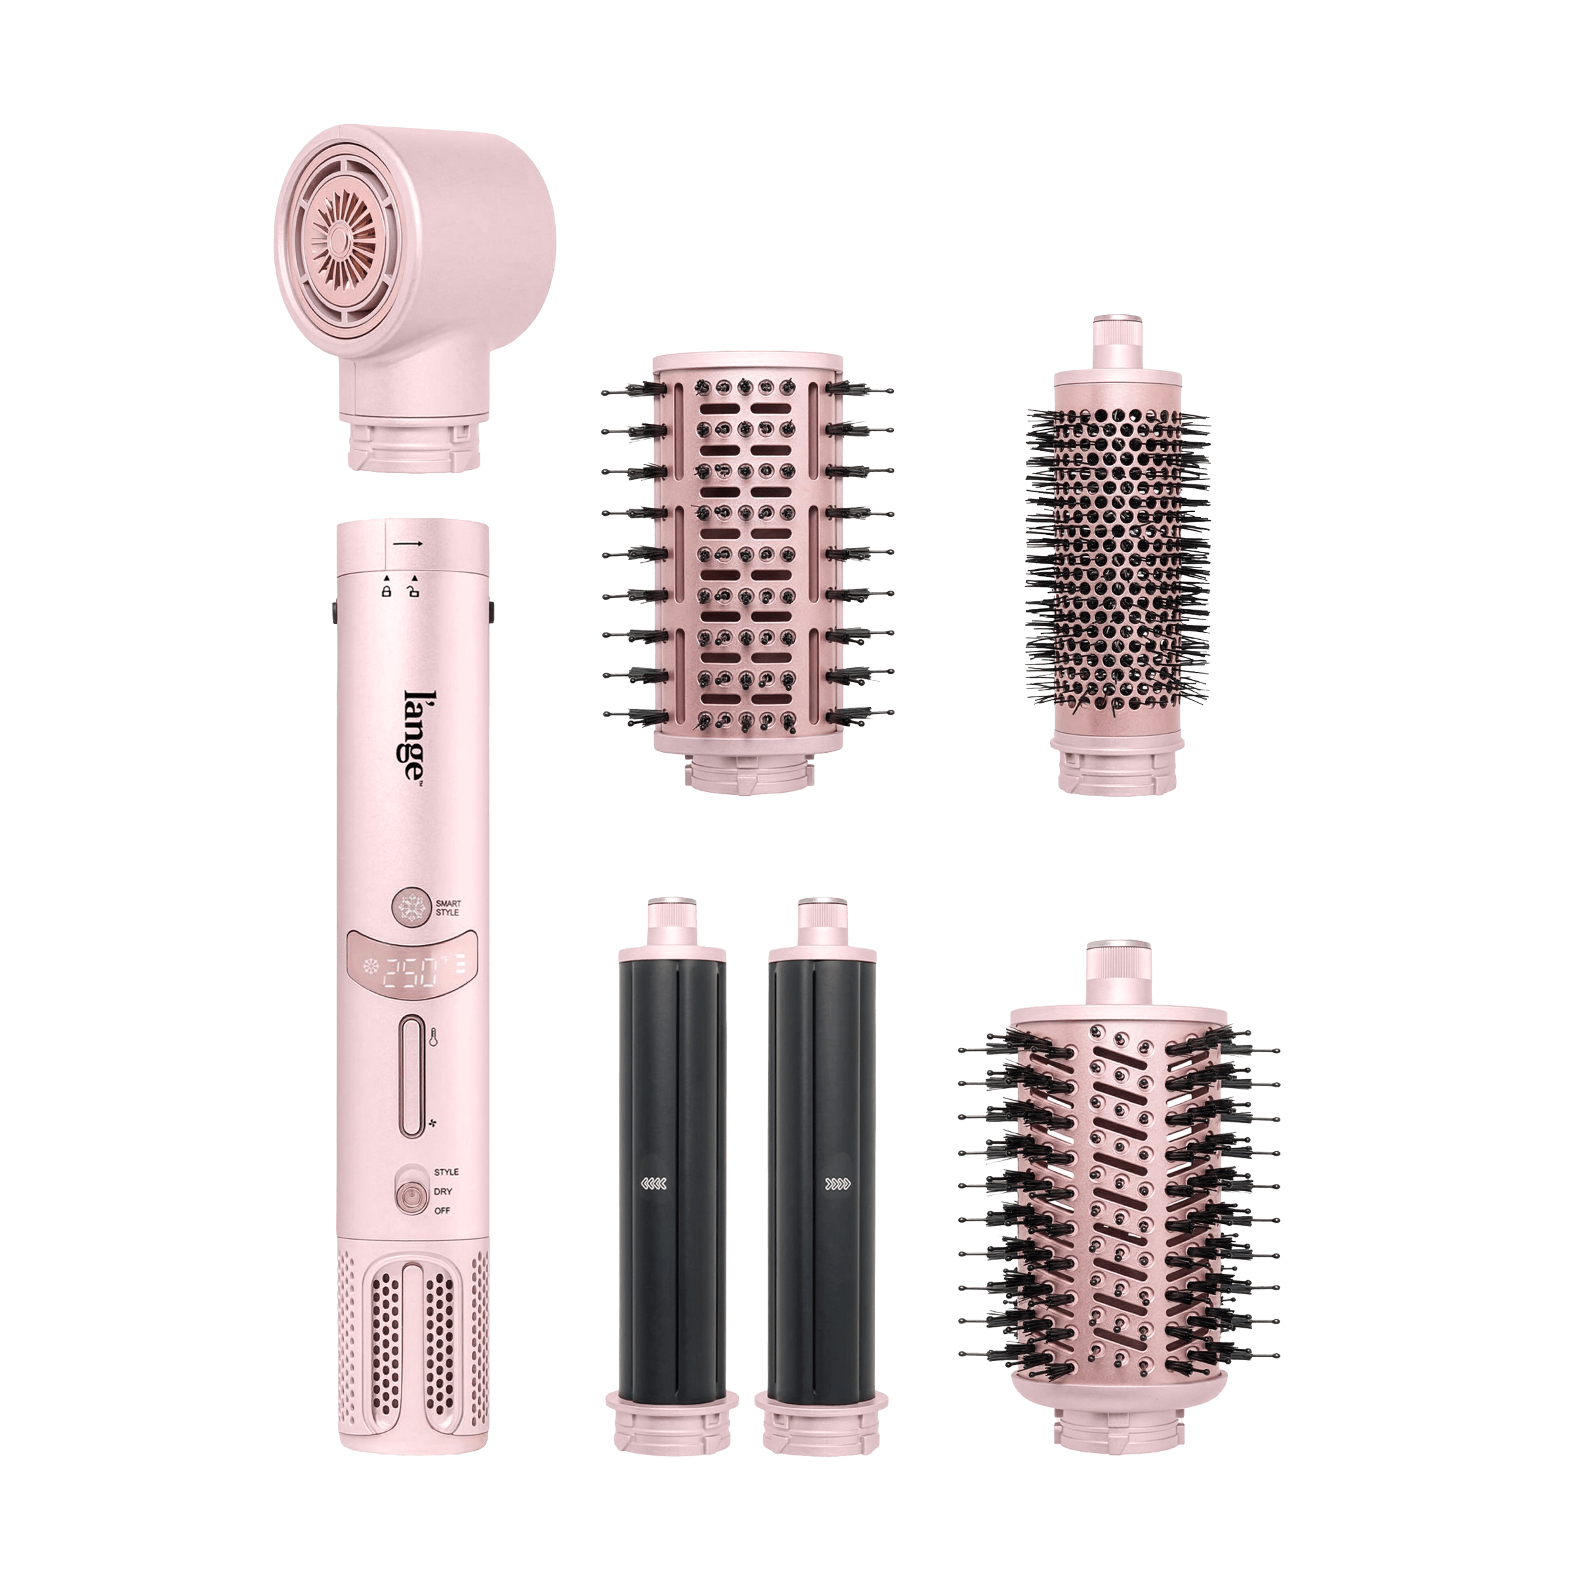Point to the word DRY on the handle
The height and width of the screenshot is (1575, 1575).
coord(443,1191)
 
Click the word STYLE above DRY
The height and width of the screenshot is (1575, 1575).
coord(446,1171)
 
